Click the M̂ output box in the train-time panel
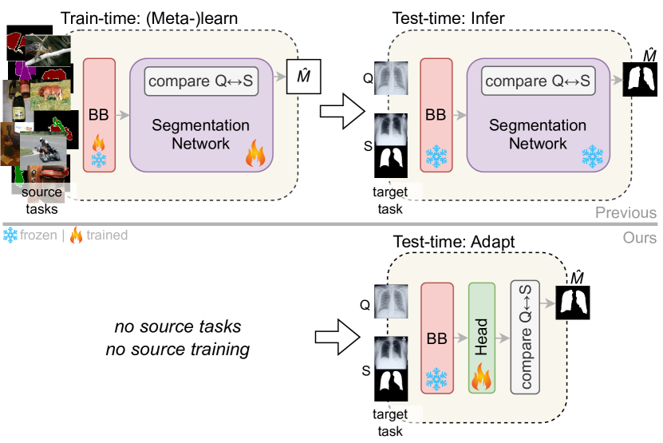click(298, 80)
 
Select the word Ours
click(641, 238)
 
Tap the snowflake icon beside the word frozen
click(10, 235)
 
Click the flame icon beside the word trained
click(77, 235)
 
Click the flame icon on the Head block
click(482, 375)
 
